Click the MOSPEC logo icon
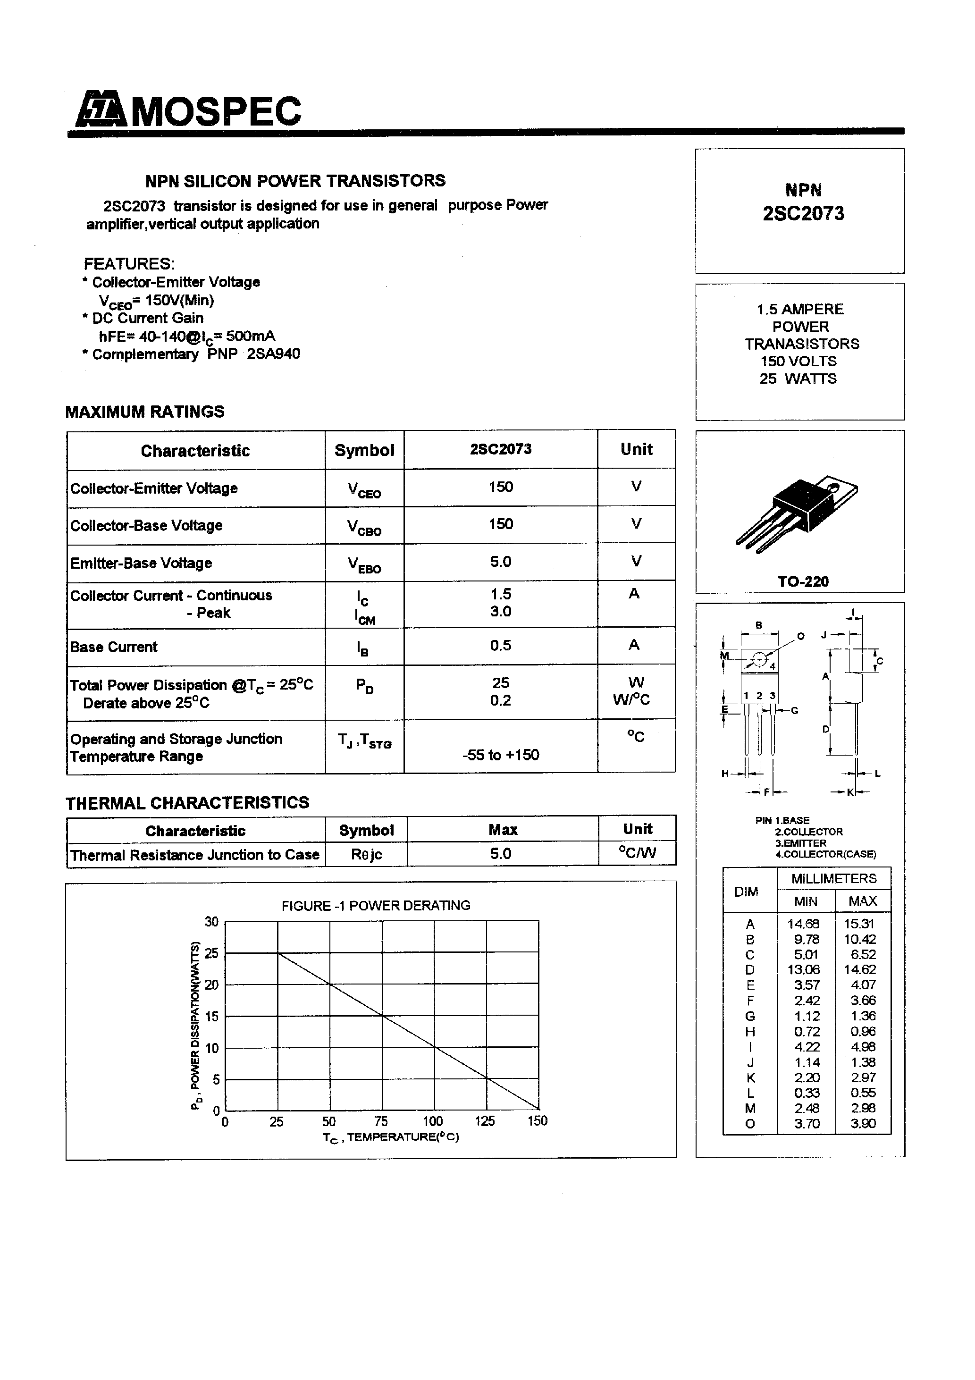tap(100, 110)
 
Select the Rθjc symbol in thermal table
tap(366, 854)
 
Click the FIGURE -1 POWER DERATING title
tap(376, 905)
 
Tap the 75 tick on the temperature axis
tap(381, 1121)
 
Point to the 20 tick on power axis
tap(211, 985)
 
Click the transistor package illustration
tap(797, 510)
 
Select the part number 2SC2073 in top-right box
tap(803, 213)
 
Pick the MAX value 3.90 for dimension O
tap(863, 1123)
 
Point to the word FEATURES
tap(129, 264)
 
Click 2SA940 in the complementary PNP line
tap(274, 353)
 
